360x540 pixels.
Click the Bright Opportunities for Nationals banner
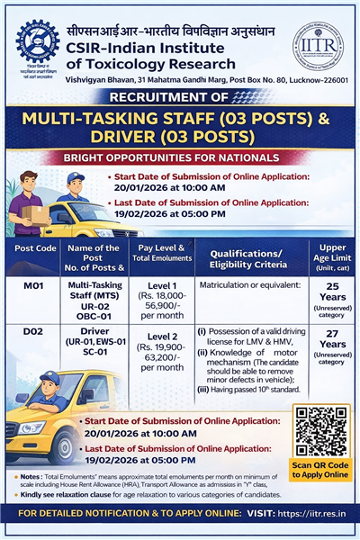pyautogui.click(x=180, y=157)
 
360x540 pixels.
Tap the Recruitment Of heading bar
pyautogui.click(x=180, y=97)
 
